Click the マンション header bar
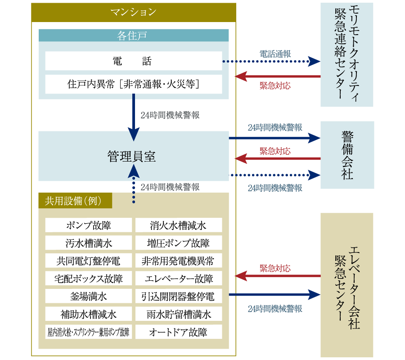click(133, 12)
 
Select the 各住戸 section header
click(133, 36)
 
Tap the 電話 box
click(133, 61)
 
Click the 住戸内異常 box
click(133, 84)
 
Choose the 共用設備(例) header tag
click(75, 200)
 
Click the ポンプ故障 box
click(89, 225)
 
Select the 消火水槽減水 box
click(178, 225)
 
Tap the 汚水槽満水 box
click(89, 243)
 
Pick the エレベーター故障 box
click(178, 279)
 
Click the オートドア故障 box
click(178, 332)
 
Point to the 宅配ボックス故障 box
click(89, 279)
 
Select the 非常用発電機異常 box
click(178, 261)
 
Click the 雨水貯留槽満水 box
click(178, 314)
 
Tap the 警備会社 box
click(347, 155)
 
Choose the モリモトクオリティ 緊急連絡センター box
click(347, 54)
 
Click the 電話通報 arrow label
click(275, 54)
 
